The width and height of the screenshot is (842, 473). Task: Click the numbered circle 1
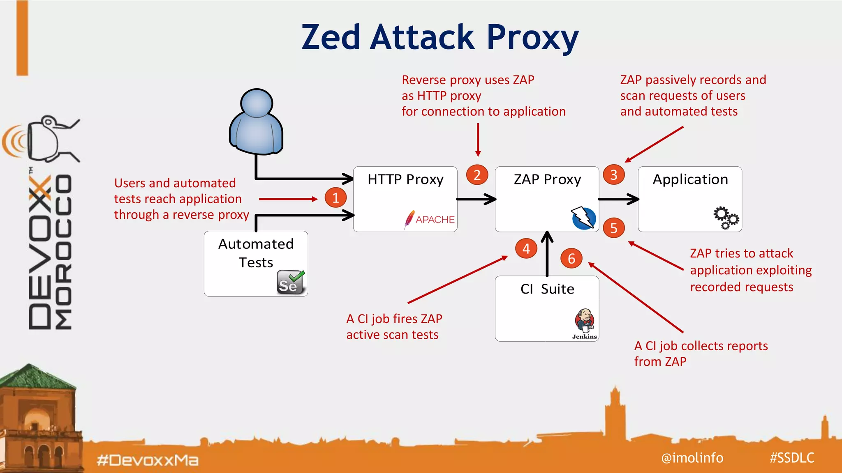[x=335, y=197]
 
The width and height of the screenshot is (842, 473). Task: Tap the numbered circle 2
[x=477, y=175]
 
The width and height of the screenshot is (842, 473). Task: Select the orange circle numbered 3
[x=613, y=175]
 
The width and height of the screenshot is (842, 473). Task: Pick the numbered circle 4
[x=526, y=248]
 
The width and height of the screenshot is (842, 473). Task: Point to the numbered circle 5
[x=613, y=228]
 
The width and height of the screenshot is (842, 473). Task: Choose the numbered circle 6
[x=571, y=258]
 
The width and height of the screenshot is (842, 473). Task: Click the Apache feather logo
[x=409, y=219]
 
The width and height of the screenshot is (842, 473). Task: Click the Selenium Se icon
[x=290, y=282]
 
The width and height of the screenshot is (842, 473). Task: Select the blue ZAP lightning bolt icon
[x=584, y=218]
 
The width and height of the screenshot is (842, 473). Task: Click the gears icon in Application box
[x=726, y=218]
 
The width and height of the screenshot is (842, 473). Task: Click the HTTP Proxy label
[x=405, y=179]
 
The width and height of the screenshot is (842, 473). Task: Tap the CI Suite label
[x=547, y=289]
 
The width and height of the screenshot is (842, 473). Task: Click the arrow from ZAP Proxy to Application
[x=618, y=199]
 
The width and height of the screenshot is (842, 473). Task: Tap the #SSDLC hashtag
[x=792, y=457]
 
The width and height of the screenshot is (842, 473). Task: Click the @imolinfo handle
[x=692, y=457]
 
